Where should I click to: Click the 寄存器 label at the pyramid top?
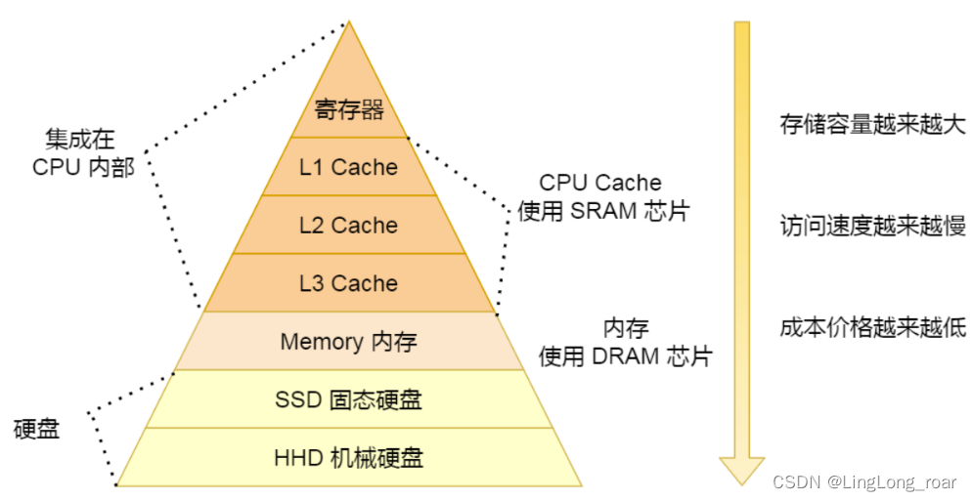pyautogui.click(x=349, y=109)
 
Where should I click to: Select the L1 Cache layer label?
pyautogui.click(x=349, y=167)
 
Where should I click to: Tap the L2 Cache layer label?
pyautogui.click(x=349, y=226)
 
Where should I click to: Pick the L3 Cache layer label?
pyautogui.click(x=349, y=283)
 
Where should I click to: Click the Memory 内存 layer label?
pyautogui.click(x=349, y=342)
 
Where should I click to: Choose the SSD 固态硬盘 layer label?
pyautogui.click(x=349, y=399)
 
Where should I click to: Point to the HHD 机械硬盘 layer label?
pyautogui.click(x=349, y=457)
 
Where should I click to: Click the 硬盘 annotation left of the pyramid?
pyautogui.click(x=37, y=429)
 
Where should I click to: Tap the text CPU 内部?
pyautogui.click(x=83, y=166)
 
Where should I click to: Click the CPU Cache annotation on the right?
pyautogui.click(x=599, y=183)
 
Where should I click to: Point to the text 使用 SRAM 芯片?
pyautogui.click(x=603, y=211)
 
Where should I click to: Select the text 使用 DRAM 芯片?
pyautogui.click(x=625, y=356)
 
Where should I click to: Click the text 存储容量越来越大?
pyautogui.click(x=872, y=125)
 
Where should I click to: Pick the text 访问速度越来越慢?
pyautogui.click(x=872, y=227)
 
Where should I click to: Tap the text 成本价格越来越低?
pyautogui.click(x=872, y=328)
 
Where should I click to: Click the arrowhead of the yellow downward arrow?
pyautogui.click(x=741, y=470)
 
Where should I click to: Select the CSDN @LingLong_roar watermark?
pyautogui.click(x=864, y=482)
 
